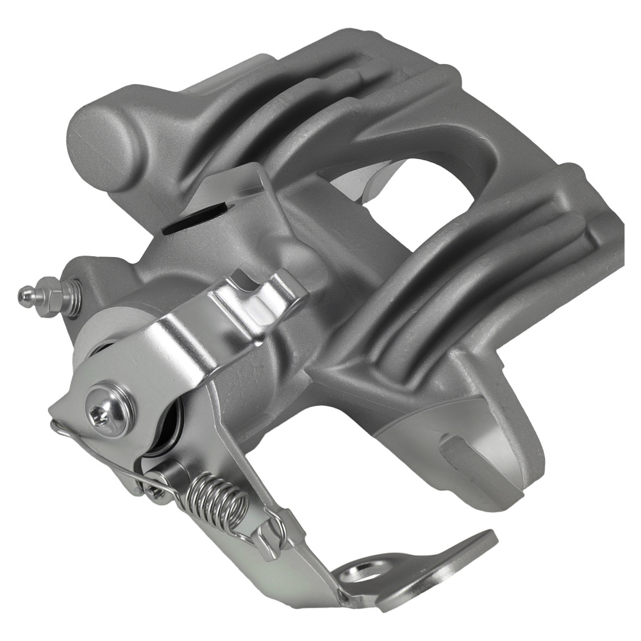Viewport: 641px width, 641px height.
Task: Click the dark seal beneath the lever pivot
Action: [170, 423]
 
